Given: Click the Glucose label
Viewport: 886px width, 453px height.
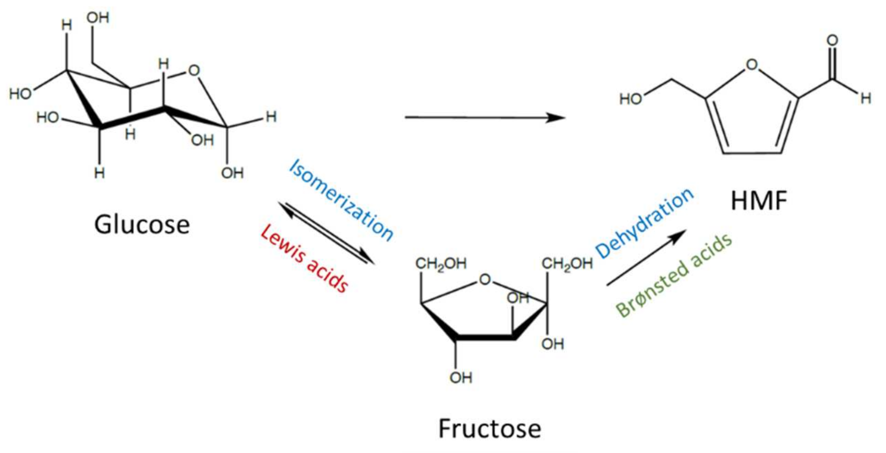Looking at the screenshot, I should pyautogui.click(x=142, y=225).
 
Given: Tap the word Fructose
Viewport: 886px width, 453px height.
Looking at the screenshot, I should pyautogui.click(x=490, y=429).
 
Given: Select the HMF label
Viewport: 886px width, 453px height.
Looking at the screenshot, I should pyautogui.click(x=759, y=201).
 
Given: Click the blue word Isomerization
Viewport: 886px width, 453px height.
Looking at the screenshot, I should pyautogui.click(x=341, y=200).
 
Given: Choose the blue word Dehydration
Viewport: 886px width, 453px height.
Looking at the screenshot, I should pyautogui.click(x=644, y=223).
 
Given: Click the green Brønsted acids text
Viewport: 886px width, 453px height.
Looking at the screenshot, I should pyautogui.click(x=674, y=275).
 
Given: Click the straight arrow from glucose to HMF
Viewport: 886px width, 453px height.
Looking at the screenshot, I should pyautogui.click(x=485, y=118).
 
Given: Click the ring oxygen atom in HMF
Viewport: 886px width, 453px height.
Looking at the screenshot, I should pyautogui.click(x=752, y=65).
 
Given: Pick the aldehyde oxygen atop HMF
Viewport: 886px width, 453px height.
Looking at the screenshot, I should pyautogui.click(x=832, y=40).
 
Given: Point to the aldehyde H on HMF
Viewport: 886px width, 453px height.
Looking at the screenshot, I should pyautogui.click(x=866, y=99).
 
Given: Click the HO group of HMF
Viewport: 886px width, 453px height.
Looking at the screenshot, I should pyautogui.click(x=630, y=99).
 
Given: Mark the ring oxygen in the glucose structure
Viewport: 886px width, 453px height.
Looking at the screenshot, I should pyautogui.click(x=194, y=71).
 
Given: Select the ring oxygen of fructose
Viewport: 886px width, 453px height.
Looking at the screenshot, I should pyautogui.click(x=485, y=280).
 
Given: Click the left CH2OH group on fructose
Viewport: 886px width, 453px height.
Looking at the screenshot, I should pyautogui.click(x=441, y=264).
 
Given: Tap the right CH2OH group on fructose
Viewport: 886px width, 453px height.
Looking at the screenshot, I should pyautogui.click(x=567, y=264).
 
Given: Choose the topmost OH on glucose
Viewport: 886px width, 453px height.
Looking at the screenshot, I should pyautogui.click(x=98, y=18).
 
